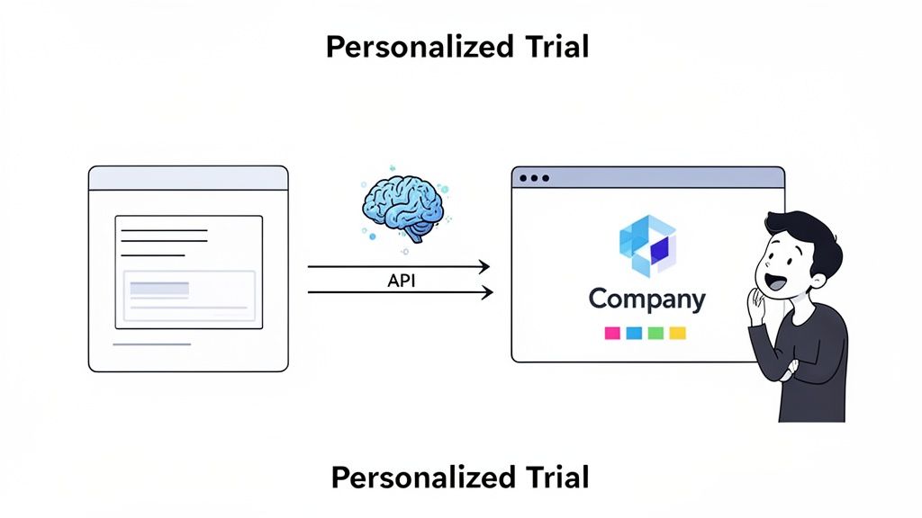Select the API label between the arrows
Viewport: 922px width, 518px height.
(402, 281)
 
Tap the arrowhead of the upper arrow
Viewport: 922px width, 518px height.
(484, 266)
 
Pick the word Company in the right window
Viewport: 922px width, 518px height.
(646, 299)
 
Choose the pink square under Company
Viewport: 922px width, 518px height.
(612, 333)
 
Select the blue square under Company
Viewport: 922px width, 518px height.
(634, 333)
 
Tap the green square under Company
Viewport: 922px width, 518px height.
(655, 333)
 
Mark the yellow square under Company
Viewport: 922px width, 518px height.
(677, 333)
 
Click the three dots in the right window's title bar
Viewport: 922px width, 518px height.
(534, 178)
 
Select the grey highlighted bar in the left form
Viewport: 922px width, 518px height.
(159, 289)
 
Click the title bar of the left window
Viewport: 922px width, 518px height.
(188, 178)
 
